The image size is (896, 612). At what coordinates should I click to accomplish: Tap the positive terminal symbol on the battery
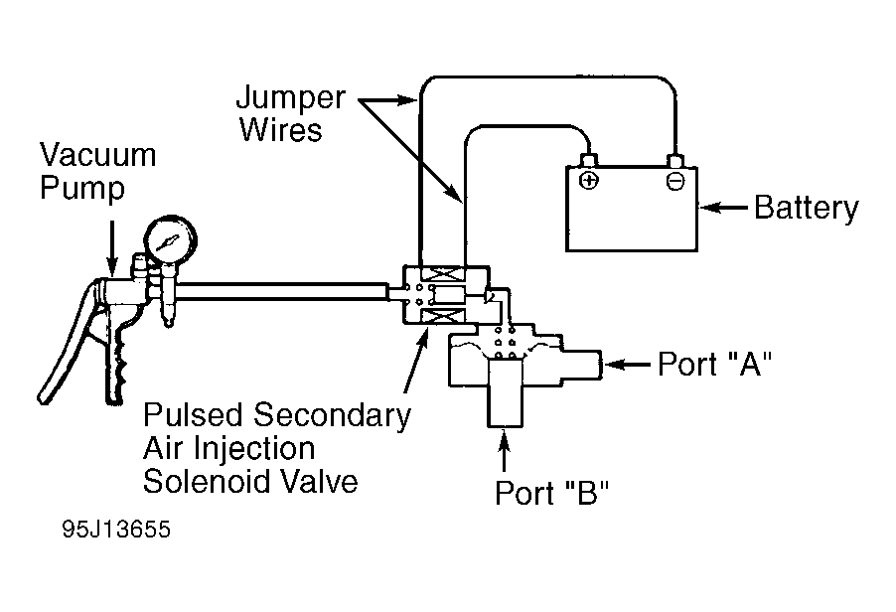click(x=589, y=181)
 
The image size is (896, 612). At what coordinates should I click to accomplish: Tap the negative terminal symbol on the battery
click(x=674, y=181)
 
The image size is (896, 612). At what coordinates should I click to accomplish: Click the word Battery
click(x=807, y=208)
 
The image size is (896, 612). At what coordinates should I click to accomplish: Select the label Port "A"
click(x=715, y=364)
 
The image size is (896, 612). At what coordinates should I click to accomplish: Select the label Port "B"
click(x=552, y=493)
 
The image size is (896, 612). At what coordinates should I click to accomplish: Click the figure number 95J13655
click(x=116, y=530)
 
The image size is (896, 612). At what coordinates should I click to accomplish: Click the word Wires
click(x=280, y=130)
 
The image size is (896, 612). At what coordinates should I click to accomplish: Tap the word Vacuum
click(x=97, y=155)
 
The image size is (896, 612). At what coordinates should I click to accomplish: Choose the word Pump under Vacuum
click(x=82, y=189)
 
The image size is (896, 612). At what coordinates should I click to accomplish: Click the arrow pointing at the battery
click(x=723, y=208)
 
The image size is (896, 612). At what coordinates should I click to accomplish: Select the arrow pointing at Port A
click(x=628, y=364)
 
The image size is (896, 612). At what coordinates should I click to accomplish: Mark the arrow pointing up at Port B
click(x=504, y=451)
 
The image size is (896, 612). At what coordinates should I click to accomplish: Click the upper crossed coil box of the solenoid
click(x=443, y=274)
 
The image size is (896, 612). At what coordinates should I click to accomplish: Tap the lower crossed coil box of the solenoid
click(x=443, y=317)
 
